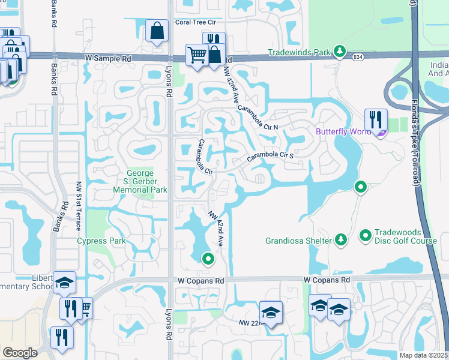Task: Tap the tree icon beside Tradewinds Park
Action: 340,51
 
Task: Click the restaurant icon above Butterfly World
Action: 376,119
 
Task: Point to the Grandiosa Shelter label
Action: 298,241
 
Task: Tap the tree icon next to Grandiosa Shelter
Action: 341,240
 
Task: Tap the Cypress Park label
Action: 101,241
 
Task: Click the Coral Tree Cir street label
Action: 195,23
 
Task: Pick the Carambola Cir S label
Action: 270,158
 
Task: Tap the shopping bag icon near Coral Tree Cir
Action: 156,31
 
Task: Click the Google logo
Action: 20,353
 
